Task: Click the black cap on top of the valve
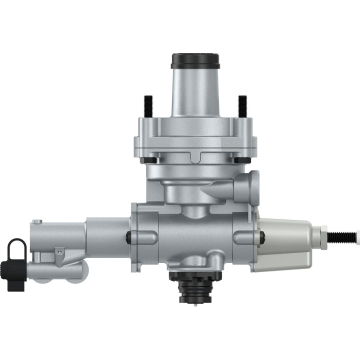tap(195, 60)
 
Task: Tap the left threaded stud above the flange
tap(148, 106)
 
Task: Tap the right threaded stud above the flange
tap(242, 106)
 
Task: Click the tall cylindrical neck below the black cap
tap(195, 92)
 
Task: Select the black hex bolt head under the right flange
tap(242, 160)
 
